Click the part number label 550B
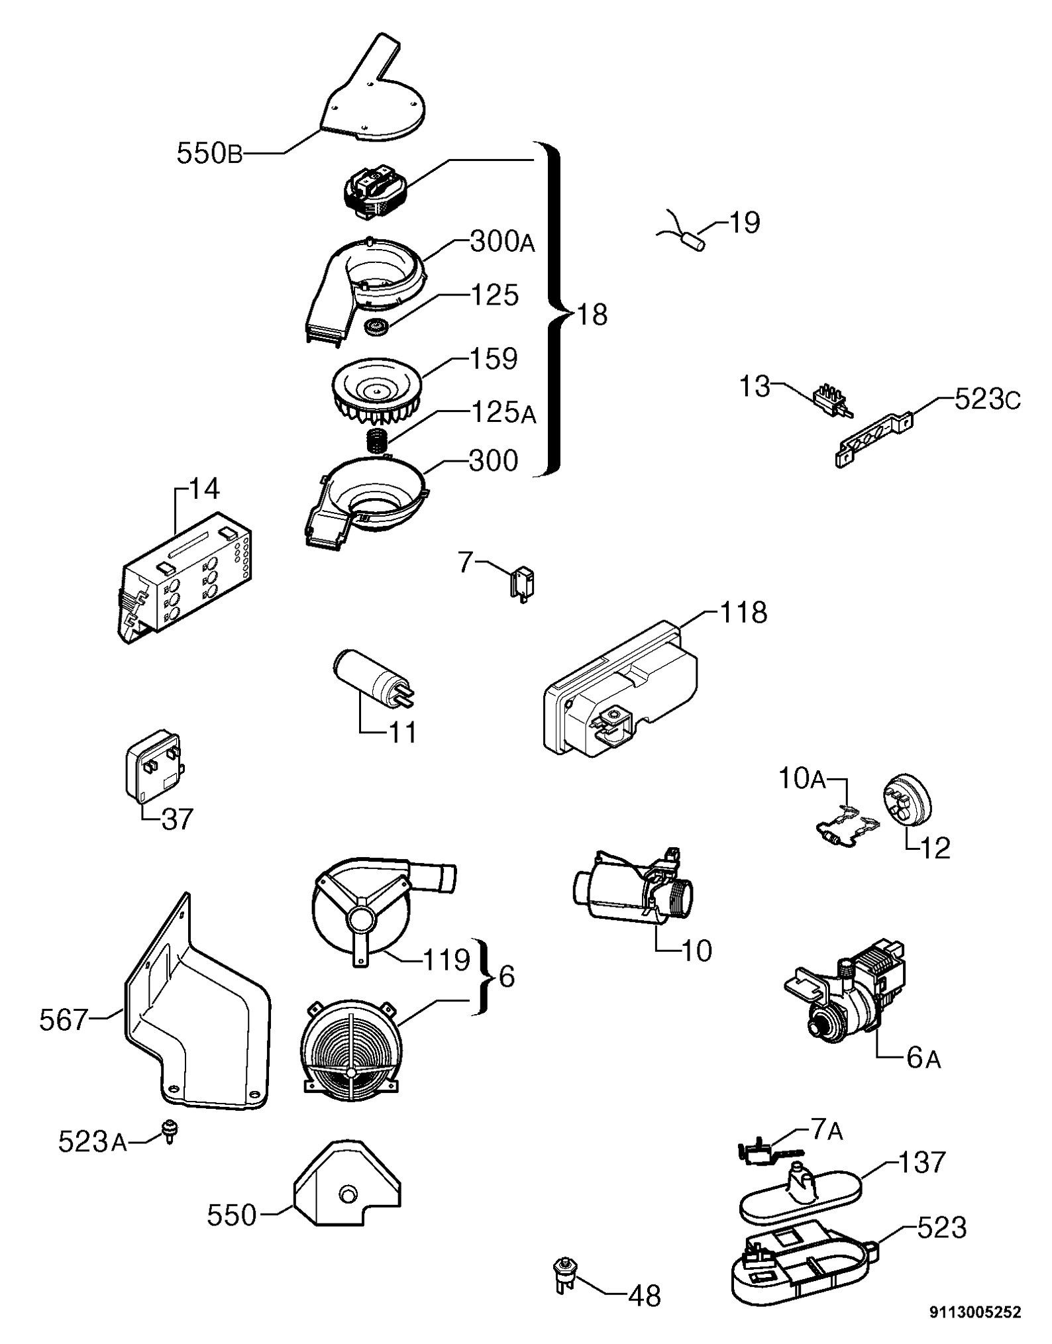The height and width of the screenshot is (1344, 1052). pos(209,154)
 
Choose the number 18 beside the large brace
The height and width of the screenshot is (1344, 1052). pos(592,315)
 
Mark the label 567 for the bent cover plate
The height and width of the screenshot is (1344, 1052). pos(64,1020)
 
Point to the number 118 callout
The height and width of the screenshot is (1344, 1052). pos(743,612)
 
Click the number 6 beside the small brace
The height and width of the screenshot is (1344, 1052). pos(506,976)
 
